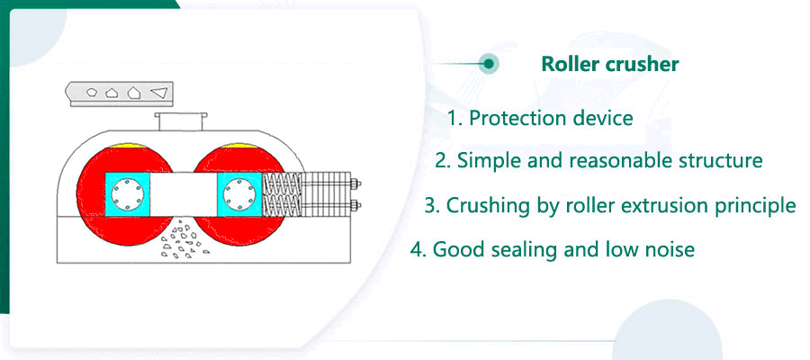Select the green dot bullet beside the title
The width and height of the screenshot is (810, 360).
(x=489, y=64)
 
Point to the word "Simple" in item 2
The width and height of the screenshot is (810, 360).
(x=487, y=161)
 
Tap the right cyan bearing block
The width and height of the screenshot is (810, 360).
(x=239, y=192)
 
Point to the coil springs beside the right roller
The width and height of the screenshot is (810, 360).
(x=286, y=193)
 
